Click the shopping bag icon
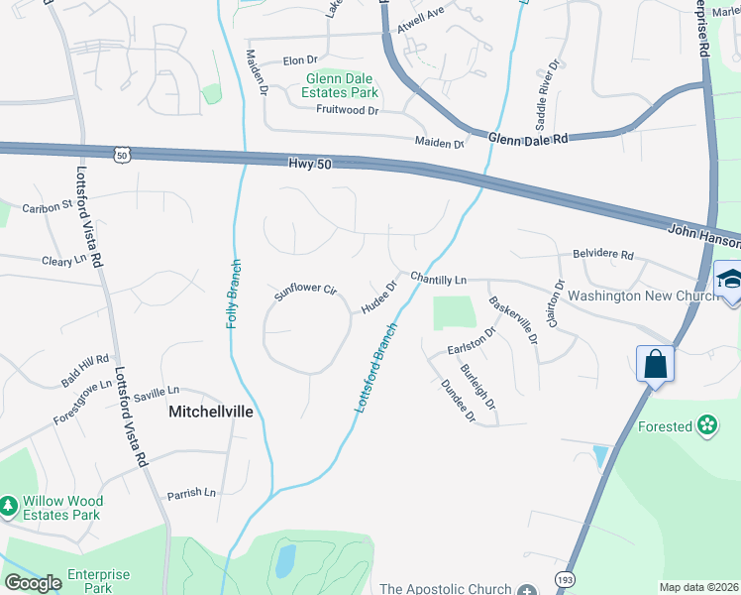click(x=656, y=364)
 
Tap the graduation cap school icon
click(x=728, y=279)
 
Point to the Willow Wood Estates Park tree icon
click(x=9, y=506)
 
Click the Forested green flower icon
click(x=706, y=426)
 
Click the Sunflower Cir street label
click(x=306, y=291)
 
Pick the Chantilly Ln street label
click(x=438, y=280)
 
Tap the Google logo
click(x=33, y=582)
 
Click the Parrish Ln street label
click(x=191, y=493)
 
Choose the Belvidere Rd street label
click(x=603, y=254)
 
